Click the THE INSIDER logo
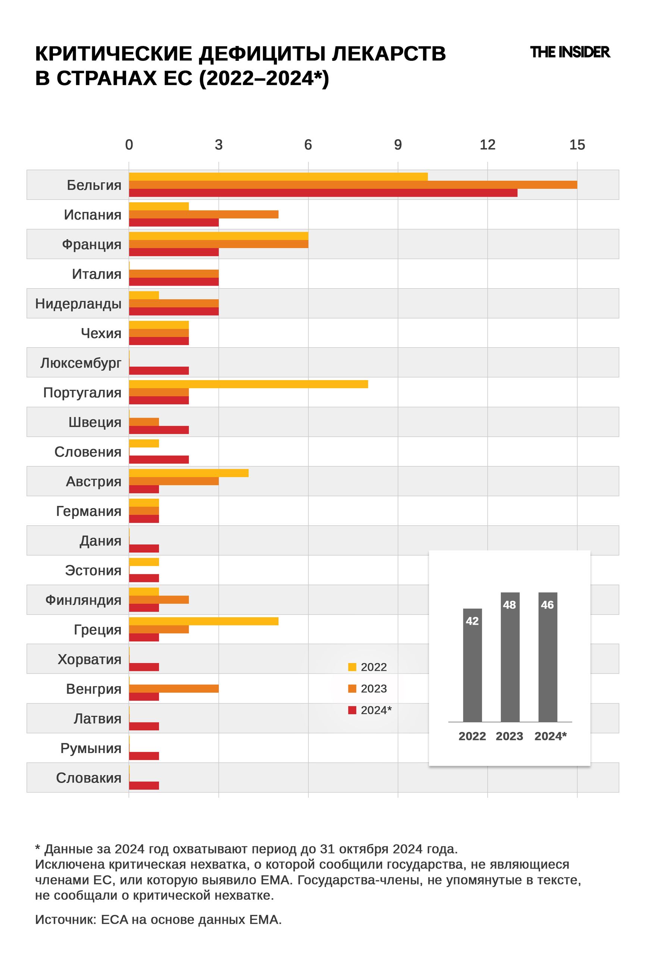click(x=570, y=52)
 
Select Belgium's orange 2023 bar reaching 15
click(x=353, y=185)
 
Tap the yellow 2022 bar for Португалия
click(x=248, y=384)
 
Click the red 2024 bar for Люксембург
click(x=159, y=370)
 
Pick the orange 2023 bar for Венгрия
click(x=173, y=688)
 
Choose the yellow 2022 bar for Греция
click(x=204, y=621)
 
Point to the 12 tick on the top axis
click(x=487, y=145)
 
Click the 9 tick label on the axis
click(x=398, y=145)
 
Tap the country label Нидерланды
click(x=78, y=304)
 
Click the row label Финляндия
click(x=83, y=600)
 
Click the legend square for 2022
click(x=352, y=667)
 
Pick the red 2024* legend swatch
click(x=352, y=710)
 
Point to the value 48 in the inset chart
click(x=509, y=605)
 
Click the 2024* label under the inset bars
click(x=551, y=736)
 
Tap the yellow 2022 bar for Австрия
click(x=189, y=473)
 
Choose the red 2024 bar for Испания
click(x=173, y=223)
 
